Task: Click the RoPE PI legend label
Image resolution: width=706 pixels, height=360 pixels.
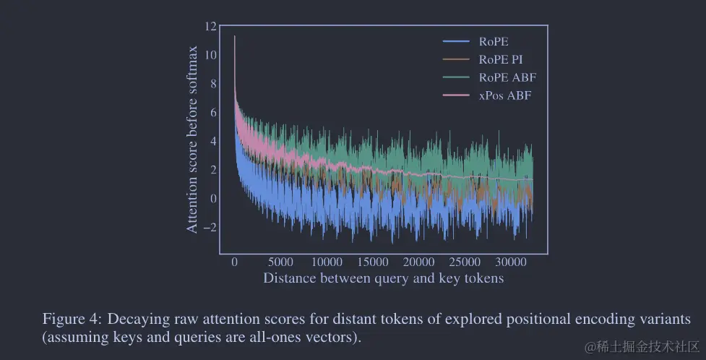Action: tap(501, 59)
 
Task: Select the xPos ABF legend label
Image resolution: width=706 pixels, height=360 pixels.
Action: tap(505, 95)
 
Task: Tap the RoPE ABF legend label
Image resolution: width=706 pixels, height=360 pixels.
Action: tap(507, 77)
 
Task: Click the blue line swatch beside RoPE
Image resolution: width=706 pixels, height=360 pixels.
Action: tap(457, 41)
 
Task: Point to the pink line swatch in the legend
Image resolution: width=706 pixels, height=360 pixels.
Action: tap(457, 95)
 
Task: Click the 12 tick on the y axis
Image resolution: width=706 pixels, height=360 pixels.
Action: tap(210, 27)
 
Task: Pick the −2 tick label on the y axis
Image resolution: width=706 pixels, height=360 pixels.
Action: tap(208, 228)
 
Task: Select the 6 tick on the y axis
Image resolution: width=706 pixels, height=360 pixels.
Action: tap(212, 113)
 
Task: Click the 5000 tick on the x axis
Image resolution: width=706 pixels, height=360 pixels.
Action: tap(280, 262)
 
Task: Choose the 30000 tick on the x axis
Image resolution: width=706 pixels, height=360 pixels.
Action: tap(512, 262)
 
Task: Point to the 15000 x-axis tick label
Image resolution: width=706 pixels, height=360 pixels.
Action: tap(373, 262)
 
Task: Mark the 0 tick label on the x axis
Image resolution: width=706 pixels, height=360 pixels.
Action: tap(234, 262)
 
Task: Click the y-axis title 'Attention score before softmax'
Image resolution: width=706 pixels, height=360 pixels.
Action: tap(192, 139)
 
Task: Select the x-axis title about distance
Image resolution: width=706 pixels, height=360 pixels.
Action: tap(383, 278)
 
